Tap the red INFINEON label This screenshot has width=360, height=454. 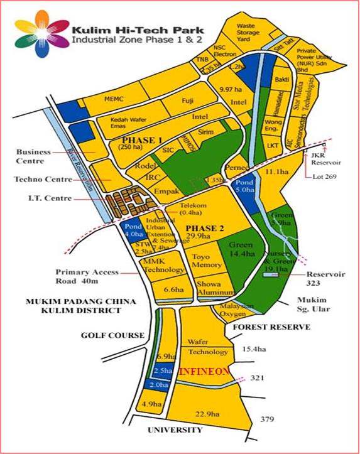tap(204, 372)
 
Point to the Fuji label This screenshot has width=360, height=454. tap(187, 100)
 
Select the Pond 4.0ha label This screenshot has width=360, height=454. tap(133, 230)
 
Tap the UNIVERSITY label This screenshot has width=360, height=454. tap(175, 430)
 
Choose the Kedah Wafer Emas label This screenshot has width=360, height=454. tap(129, 124)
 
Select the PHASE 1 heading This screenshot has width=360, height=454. tap(143, 139)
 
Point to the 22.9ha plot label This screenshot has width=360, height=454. tap(206, 414)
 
